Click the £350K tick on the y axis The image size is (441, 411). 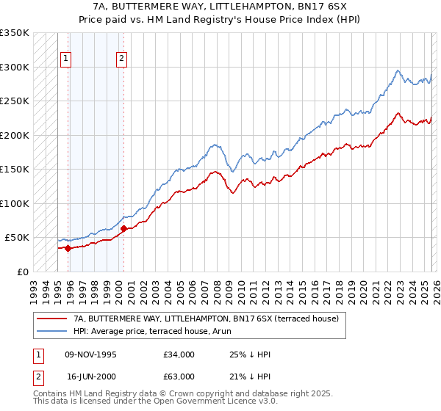coord(15,33)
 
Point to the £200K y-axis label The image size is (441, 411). coord(15,135)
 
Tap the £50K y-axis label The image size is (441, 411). coord(18,237)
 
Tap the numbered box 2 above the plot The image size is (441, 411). coord(121,59)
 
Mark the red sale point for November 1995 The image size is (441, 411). coord(68,248)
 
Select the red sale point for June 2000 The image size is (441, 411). coord(123,228)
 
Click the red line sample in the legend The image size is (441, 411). coord(51,319)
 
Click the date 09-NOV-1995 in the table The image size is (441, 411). coord(91,354)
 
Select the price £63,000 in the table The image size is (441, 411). coord(179,376)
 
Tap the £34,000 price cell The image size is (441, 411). coord(179,354)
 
